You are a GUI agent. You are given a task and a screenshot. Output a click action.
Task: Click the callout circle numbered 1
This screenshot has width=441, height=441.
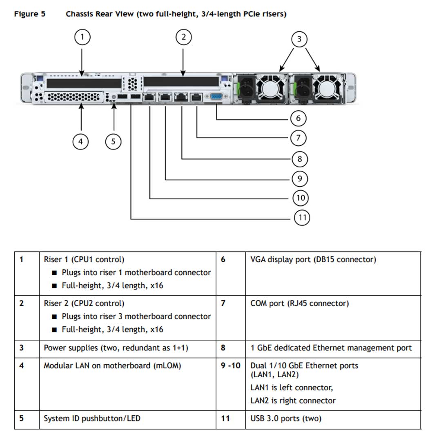point(82,38)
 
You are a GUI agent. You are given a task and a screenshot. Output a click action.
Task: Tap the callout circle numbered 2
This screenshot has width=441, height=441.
point(183,37)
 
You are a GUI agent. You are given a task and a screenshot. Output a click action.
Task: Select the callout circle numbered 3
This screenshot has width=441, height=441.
point(299,39)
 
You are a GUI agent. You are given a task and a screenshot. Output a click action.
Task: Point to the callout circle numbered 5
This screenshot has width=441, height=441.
point(113,142)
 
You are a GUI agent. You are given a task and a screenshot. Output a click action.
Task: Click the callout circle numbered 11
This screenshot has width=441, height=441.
point(302,217)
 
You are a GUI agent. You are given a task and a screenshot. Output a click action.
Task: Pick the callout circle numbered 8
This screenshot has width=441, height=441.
point(300,159)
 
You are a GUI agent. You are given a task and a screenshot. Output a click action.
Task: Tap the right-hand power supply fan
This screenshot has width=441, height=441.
point(327,87)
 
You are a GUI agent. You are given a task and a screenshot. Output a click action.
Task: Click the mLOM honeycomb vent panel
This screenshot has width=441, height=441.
point(73,97)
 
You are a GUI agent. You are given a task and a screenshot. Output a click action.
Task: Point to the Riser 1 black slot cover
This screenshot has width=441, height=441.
point(84,83)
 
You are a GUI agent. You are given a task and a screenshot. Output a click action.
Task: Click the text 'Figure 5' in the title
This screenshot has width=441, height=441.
point(29,14)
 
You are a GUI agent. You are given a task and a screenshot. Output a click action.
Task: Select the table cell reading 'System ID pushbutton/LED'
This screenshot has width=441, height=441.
point(92,419)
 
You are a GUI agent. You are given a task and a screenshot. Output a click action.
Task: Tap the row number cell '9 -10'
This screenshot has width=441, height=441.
point(231,365)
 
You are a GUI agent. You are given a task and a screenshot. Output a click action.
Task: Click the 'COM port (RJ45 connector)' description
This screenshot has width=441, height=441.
point(299,303)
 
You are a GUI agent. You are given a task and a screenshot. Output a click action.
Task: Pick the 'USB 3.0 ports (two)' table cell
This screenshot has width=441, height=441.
point(286,419)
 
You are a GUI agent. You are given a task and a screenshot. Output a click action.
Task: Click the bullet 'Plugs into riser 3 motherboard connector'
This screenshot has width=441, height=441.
point(136,316)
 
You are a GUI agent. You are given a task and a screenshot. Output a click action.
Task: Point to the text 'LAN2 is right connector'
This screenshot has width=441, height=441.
point(293,401)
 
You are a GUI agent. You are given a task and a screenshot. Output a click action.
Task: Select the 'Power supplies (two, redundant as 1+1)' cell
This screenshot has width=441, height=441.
point(116,348)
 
